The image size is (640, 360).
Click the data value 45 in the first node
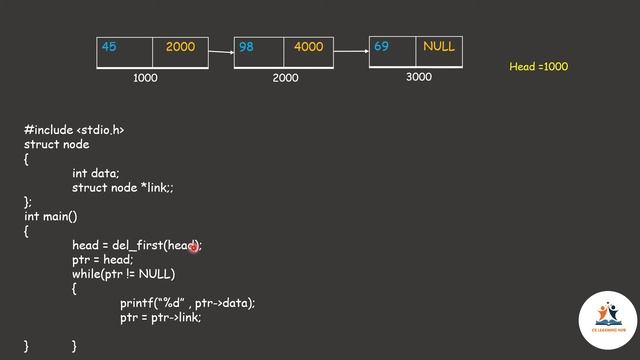coord(109,47)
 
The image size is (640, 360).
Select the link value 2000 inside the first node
coord(180,47)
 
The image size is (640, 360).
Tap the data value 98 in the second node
coord(246,47)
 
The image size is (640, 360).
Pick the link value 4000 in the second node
coord(309,47)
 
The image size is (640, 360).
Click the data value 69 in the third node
coord(381,46)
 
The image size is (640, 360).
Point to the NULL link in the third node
coord(438,46)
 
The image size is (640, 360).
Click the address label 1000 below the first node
coord(145,78)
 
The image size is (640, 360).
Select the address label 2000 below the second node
coord(285,78)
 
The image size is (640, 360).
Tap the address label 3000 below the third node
coord(419,77)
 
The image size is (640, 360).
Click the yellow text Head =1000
coord(538,66)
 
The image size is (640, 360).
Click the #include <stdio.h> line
coord(74,130)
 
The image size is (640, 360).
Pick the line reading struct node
coord(56,144)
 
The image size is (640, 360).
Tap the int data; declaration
coord(95,173)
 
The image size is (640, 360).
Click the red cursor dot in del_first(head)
coord(194,245)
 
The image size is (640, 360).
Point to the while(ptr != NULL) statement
coord(123,274)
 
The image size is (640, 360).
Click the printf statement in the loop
coord(187,303)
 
